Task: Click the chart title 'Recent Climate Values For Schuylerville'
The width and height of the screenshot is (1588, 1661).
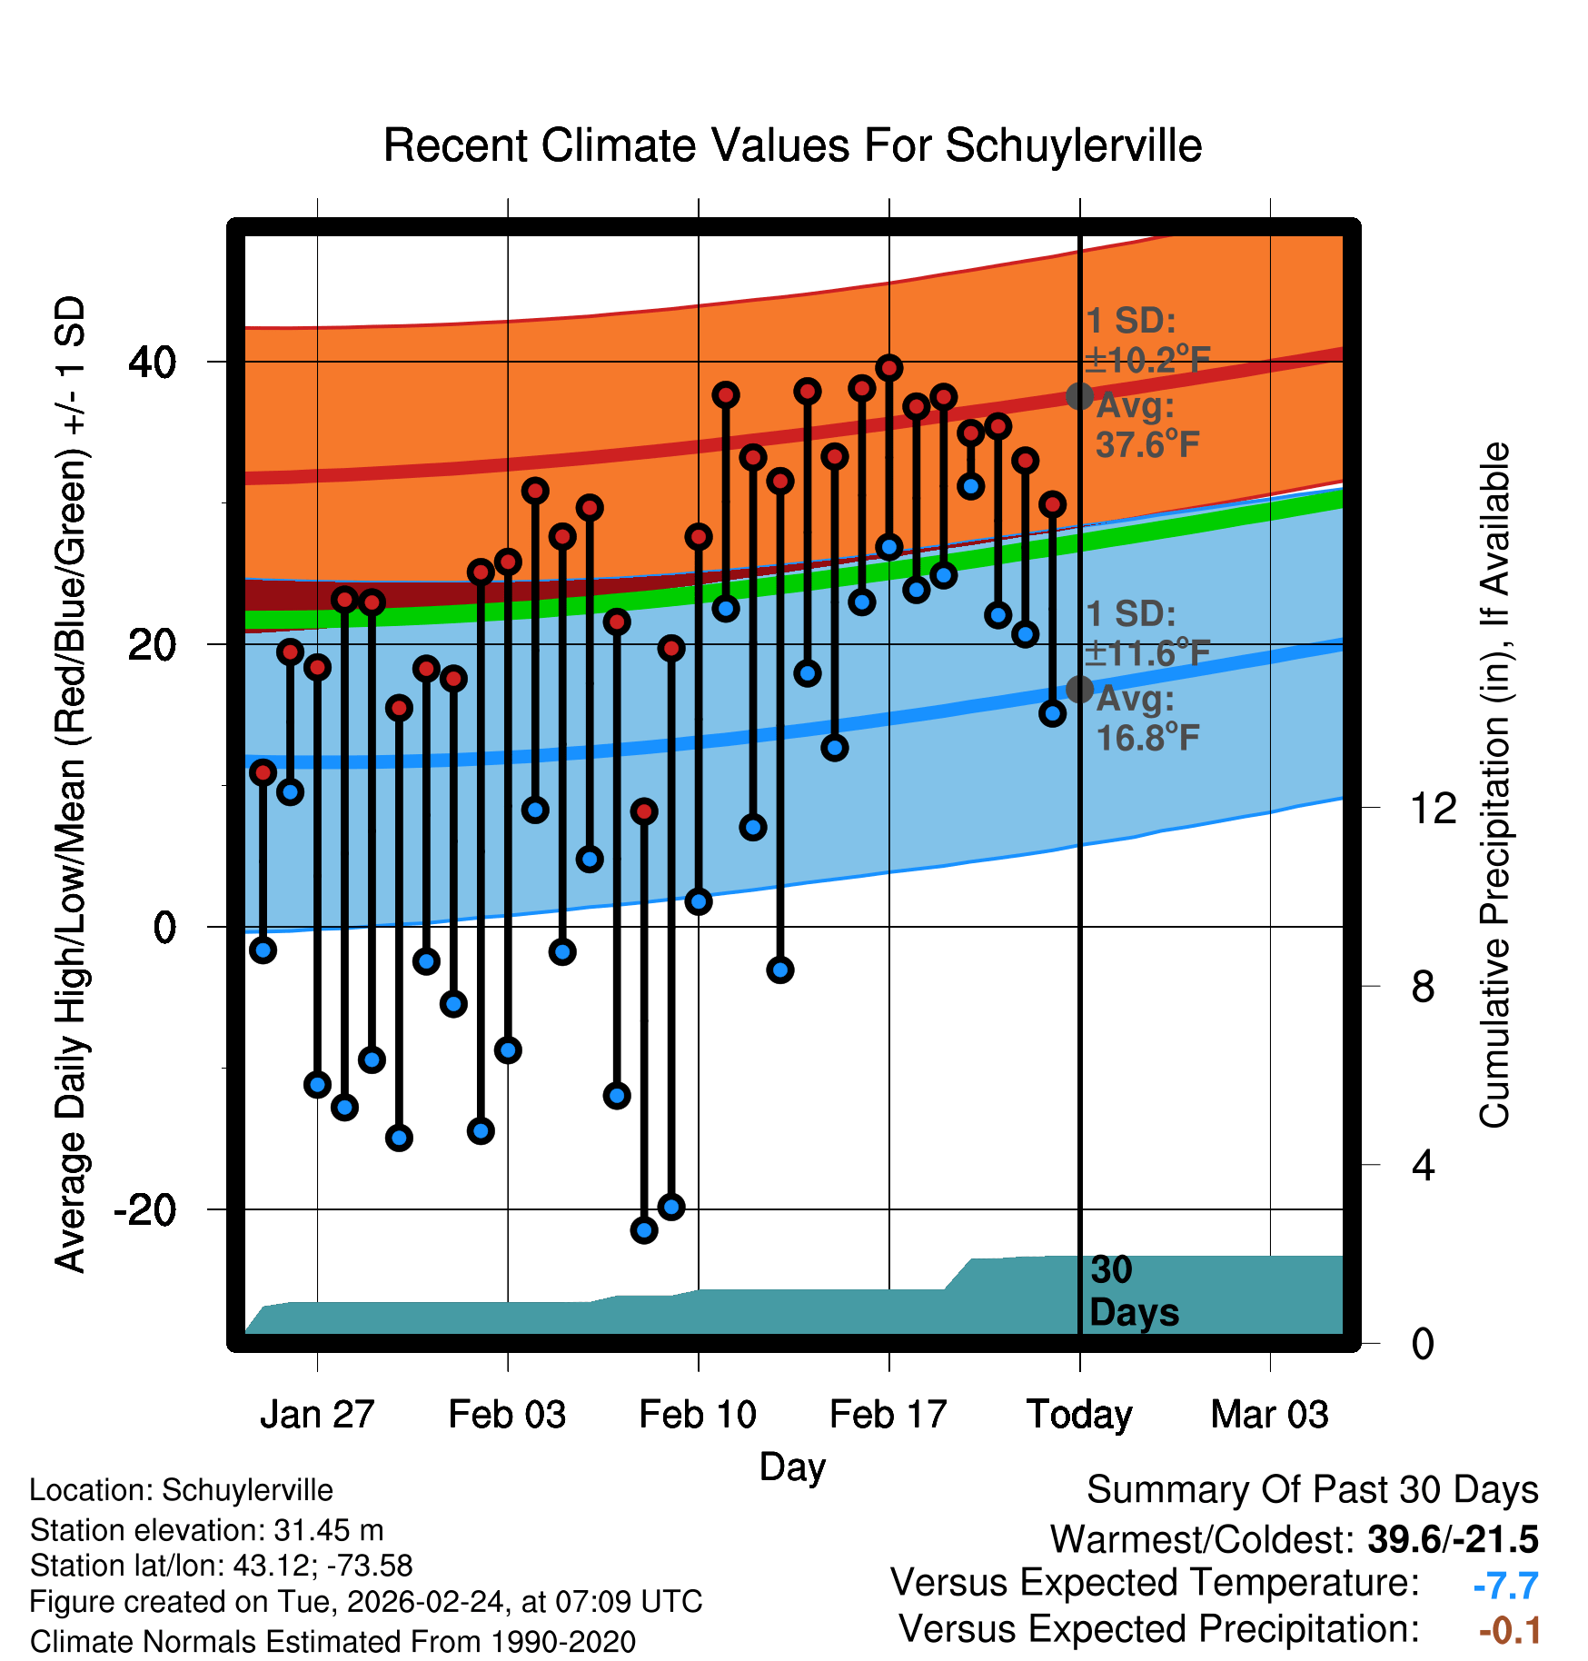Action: [792, 146]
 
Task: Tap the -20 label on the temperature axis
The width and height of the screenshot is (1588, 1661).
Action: [144, 1210]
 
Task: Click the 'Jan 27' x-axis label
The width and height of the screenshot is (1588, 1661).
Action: [317, 1415]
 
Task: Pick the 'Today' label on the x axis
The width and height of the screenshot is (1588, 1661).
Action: [1079, 1415]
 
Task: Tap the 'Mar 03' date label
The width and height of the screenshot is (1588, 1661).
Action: [1269, 1415]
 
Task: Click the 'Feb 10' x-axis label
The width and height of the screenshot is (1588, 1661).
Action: [698, 1415]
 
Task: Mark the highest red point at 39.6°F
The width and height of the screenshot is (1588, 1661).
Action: [889, 368]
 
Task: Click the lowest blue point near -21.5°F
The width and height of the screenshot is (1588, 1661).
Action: [644, 1230]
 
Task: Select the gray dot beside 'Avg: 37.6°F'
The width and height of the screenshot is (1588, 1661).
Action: [1079, 396]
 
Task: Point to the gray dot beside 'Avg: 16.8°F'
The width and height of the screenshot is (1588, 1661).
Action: [1079, 690]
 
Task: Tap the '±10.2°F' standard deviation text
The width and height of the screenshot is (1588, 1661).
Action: [1147, 361]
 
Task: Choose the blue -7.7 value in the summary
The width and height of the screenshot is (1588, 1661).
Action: [1505, 1586]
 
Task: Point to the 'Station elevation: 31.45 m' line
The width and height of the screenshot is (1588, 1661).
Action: [206, 1530]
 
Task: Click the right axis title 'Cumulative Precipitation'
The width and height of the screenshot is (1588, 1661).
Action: [1494, 786]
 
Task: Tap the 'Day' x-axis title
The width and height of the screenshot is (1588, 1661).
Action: [792, 1467]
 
